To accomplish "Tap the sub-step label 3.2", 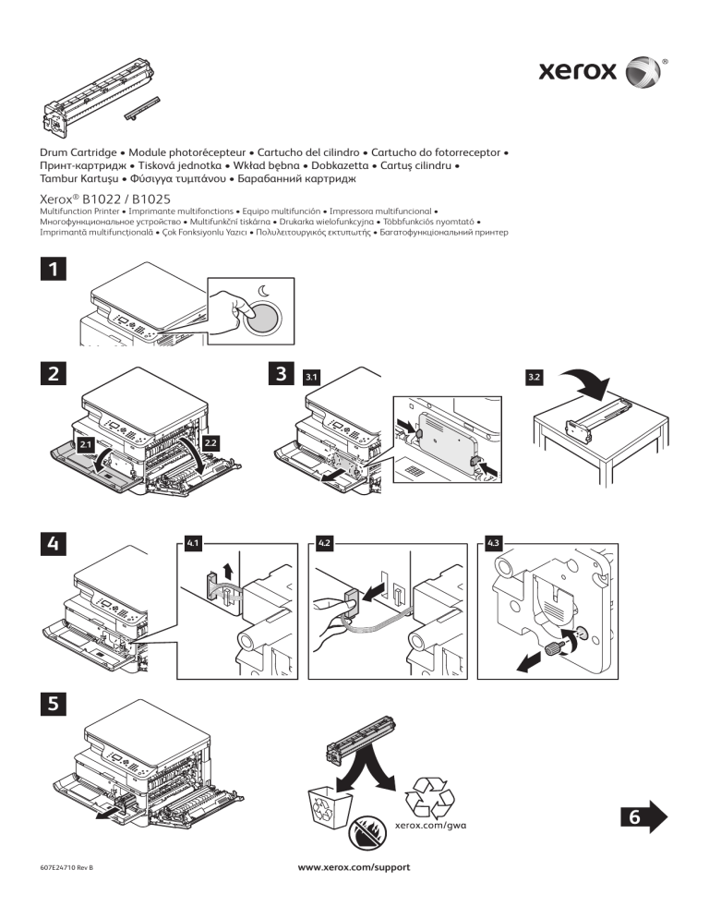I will pyautogui.click(x=534, y=378).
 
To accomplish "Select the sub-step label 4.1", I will pyautogui.click(x=194, y=543).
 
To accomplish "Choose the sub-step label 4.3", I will pyautogui.click(x=494, y=543).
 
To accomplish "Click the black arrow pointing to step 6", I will pyautogui.click(x=643, y=815).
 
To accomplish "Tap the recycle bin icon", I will pyautogui.click(x=329, y=803).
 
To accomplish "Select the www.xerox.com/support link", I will pyautogui.click(x=354, y=868).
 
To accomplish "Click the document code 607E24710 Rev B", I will pyautogui.click(x=68, y=868).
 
